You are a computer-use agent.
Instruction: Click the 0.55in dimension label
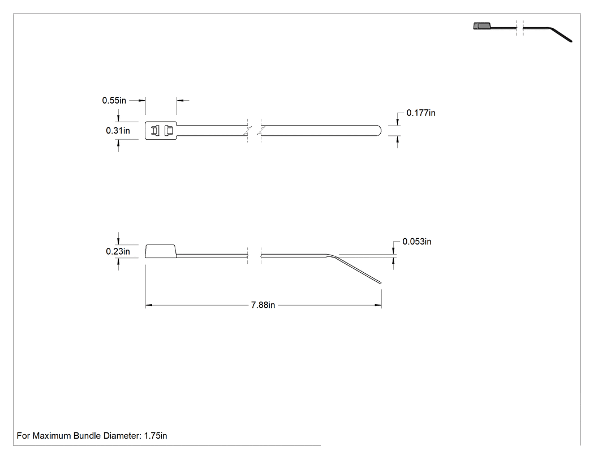pyautogui.click(x=114, y=100)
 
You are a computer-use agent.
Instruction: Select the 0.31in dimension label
pyautogui.click(x=118, y=131)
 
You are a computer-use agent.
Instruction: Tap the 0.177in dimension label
pyautogui.click(x=421, y=113)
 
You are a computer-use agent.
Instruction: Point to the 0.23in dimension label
pyautogui.click(x=118, y=252)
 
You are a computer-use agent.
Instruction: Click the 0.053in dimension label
pyautogui.click(x=417, y=242)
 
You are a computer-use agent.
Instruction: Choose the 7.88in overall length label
pyautogui.click(x=263, y=305)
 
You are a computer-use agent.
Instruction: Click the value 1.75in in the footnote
pyautogui.click(x=156, y=436)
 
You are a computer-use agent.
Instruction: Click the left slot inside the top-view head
pyautogui.click(x=156, y=131)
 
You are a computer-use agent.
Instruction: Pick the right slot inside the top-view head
pyautogui.click(x=169, y=131)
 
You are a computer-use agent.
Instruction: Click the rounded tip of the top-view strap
pyautogui.click(x=379, y=131)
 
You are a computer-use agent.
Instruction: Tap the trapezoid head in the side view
pyautogui.click(x=161, y=251)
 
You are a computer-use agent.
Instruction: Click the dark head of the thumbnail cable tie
pyautogui.click(x=481, y=26)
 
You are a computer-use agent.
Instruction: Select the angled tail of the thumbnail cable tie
pyautogui.click(x=561, y=34)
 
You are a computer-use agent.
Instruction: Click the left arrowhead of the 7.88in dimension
pyautogui.click(x=148, y=305)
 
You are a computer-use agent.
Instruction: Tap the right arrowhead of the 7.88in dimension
pyautogui.click(x=378, y=305)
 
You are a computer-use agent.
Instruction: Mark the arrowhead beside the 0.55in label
pyautogui.click(x=142, y=100)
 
